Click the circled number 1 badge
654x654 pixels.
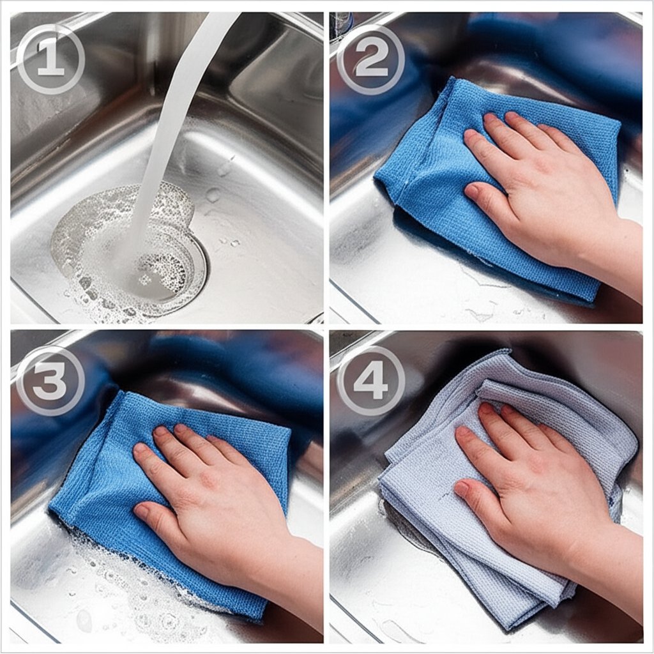51,59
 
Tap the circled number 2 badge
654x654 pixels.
371,59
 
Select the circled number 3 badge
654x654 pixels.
51,381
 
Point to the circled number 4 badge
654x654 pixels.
371,381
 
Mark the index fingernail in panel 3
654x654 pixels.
141,450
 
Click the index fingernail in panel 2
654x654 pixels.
471,137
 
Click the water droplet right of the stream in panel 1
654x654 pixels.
213,194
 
